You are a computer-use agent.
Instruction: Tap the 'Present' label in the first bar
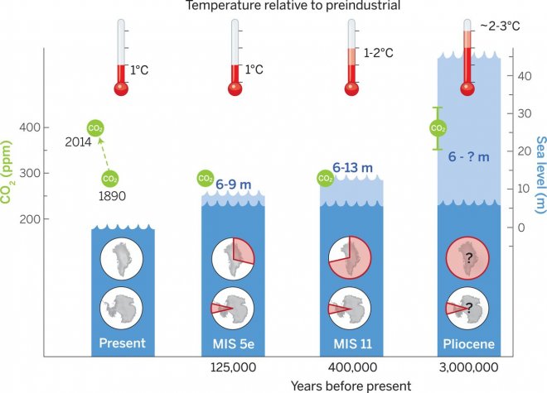click(123, 342)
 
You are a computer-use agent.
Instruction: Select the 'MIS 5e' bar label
click(235, 342)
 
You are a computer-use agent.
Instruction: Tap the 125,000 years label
click(235, 365)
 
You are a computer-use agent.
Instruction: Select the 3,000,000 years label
click(467, 365)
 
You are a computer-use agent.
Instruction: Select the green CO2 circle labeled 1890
click(110, 178)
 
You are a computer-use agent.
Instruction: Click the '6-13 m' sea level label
click(353, 167)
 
